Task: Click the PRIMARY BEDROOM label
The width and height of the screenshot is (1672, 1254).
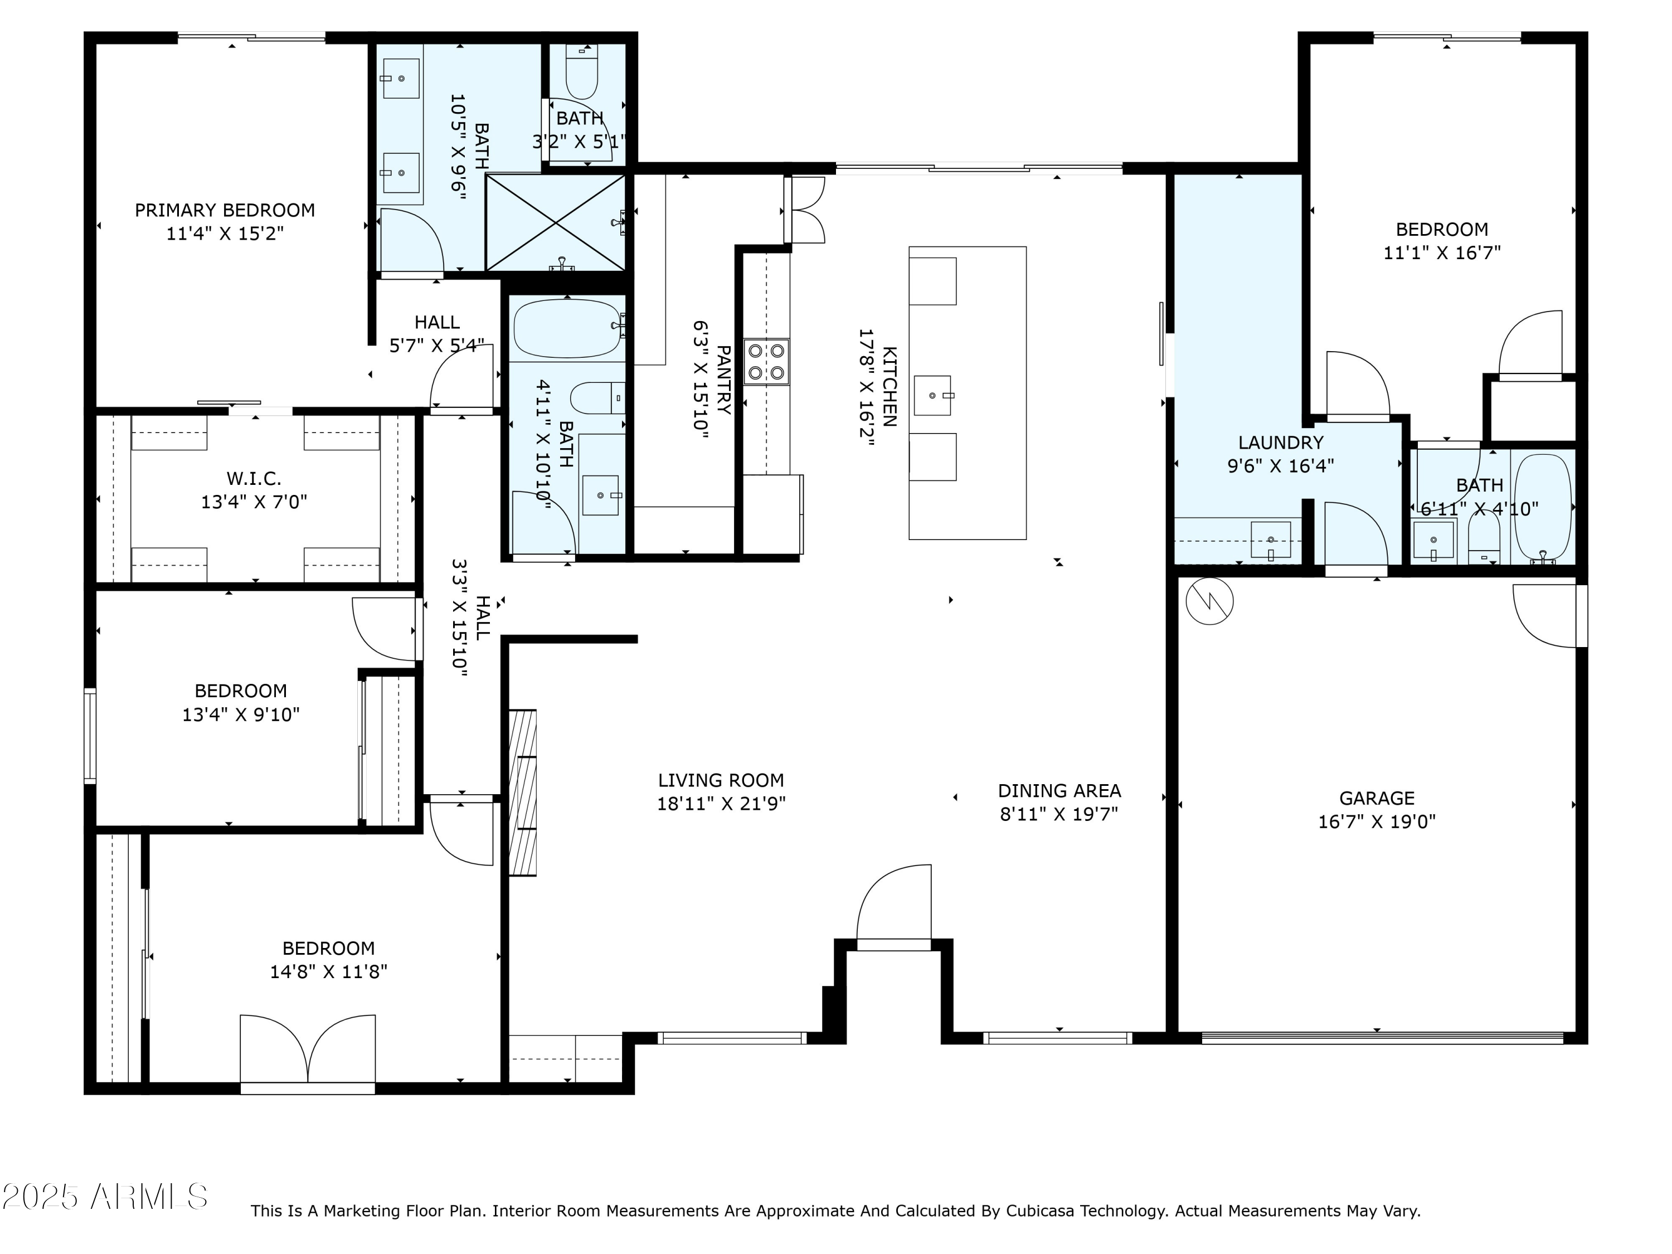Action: [225, 210]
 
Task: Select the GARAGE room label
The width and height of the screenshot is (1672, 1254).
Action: [1377, 798]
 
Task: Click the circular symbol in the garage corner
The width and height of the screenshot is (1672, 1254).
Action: [1209, 602]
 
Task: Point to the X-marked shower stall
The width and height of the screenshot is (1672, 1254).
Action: [556, 222]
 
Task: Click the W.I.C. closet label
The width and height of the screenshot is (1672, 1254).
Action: [254, 478]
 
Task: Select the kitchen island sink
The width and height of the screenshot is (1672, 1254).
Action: [933, 395]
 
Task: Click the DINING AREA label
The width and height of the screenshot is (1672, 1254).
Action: [1059, 791]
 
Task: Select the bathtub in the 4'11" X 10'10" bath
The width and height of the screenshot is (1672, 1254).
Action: [568, 328]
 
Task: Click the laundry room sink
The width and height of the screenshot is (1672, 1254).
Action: [1271, 539]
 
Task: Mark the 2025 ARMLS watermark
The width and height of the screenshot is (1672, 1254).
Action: [105, 1197]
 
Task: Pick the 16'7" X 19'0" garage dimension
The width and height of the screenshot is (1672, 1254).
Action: [1377, 822]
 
